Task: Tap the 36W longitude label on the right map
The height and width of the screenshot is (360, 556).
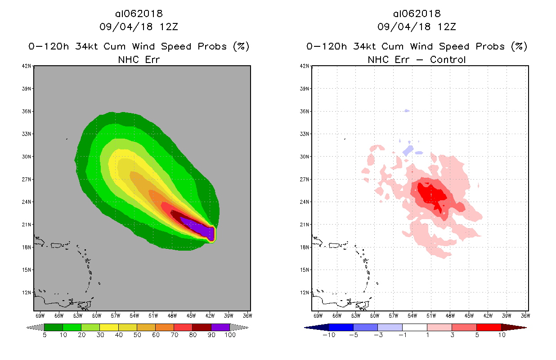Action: pos(525,315)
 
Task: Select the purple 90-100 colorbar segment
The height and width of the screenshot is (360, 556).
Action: pos(220,327)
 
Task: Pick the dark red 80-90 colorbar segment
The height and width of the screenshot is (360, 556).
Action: pos(202,327)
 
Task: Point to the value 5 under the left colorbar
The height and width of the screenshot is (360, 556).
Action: pos(45,335)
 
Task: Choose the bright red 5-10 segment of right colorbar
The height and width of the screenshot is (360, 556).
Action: pos(489,327)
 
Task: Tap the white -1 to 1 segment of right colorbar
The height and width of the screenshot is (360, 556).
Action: pos(414,327)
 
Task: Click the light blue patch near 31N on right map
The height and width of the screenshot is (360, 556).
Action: pos(408,150)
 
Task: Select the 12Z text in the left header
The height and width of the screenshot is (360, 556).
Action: pos(169,27)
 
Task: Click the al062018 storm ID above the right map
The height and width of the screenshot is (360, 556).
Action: pos(417,13)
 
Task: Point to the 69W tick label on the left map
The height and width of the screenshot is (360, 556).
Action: pos(40,315)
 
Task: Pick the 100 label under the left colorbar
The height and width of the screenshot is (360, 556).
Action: pos(230,335)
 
